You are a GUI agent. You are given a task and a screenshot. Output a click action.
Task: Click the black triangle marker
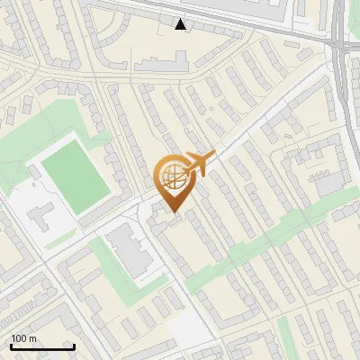click(181, 24)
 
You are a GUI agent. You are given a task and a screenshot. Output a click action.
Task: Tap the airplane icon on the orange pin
click(199, 165)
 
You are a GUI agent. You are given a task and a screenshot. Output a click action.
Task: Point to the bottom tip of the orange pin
click(173, 212)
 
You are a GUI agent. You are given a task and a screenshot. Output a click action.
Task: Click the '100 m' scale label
click(23, 338)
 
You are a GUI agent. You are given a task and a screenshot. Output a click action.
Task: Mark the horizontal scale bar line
click(42, 346)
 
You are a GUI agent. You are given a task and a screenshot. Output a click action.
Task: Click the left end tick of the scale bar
click(11, 345)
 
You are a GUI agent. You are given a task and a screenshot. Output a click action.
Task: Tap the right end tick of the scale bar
click(74, 345)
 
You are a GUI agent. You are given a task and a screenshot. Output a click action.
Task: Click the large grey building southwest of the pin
click(131, 253)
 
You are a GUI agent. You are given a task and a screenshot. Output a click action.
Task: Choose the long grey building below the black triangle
click(162, 62)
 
